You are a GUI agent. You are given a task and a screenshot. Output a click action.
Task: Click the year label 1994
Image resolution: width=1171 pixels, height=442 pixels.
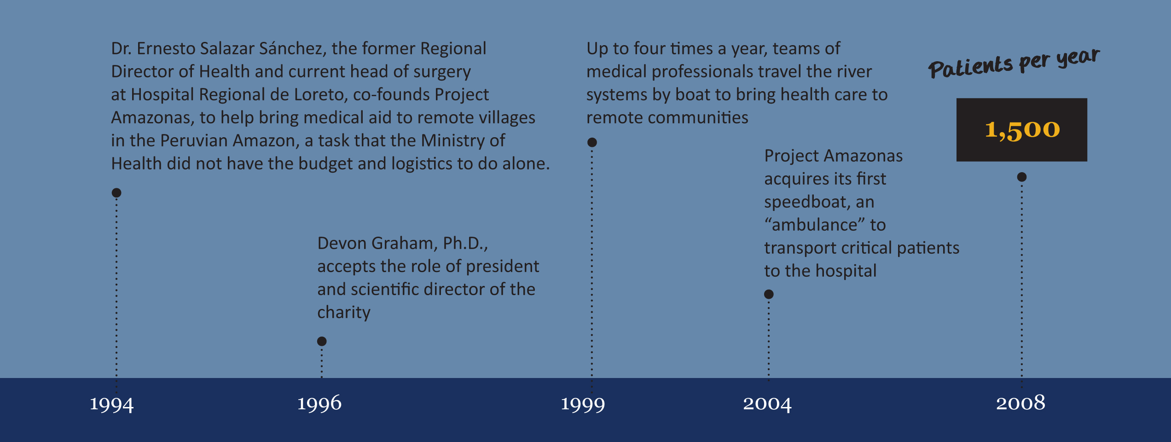pyautogui.click(x=111, y=405)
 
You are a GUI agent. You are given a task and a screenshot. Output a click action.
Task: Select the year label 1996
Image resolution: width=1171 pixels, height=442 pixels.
pyautogui.click(x=319, y=403)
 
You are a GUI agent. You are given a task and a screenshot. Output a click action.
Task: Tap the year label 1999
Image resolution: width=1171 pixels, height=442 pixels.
pyautogui.click(x=583, y=405)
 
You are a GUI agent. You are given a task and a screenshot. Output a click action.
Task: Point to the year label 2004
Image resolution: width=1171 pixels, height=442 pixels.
pyautogui.click(x=767, y=404)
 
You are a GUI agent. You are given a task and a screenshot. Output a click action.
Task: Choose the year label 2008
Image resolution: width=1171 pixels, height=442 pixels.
pyautogui.click(x=1020, y=403)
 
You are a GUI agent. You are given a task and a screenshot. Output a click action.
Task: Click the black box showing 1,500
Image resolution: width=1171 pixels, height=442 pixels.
pyautogui.click(x=1022, y=130)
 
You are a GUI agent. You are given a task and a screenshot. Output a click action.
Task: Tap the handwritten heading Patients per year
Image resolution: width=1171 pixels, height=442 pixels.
pyautogui.click(x=1014, y=64)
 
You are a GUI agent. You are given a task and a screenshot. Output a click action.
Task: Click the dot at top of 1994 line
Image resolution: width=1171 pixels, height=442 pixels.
pyautogui.click(x=116, y=192)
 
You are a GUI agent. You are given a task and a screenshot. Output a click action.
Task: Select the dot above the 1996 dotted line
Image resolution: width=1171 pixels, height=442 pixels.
pyautogui.click(x=322, y=341)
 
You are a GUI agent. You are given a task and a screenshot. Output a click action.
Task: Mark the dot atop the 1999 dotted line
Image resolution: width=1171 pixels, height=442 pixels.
pyautogui.click(x=592, y=142)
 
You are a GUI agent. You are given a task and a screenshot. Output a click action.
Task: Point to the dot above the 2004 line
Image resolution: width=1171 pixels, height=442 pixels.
pyautogui.click(x=769, y=294)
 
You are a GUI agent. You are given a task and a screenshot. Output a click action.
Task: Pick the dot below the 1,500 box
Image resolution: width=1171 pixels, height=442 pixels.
pyautogui.click(x=1022, y=177)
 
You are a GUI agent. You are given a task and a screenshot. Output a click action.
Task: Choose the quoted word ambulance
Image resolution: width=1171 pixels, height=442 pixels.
pyautogui.click(x=815, y=225)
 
